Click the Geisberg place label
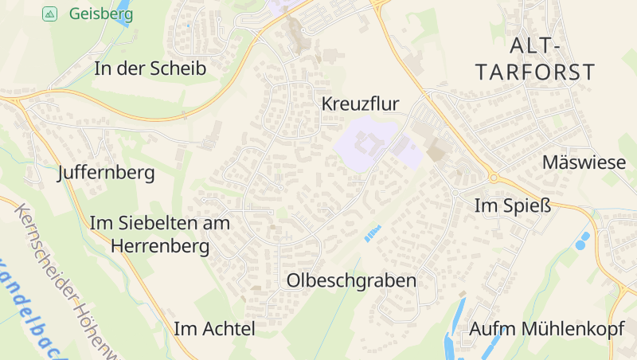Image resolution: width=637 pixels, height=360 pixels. click(101, 14)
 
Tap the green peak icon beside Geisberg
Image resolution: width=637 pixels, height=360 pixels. click(49, 14)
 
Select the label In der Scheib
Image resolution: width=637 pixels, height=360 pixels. click(150, 68)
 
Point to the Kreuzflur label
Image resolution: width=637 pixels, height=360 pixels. click(360, 104)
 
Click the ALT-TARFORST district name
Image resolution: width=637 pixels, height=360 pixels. click(535, 59)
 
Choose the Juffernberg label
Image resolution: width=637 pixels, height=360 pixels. click(107, 172)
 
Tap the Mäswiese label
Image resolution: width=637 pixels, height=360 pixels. click(584, 162)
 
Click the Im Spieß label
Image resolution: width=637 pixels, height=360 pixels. click(512, 205)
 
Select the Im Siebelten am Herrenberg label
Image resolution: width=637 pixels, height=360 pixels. click(161, 234)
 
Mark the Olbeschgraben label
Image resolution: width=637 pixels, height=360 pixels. click(351, 280)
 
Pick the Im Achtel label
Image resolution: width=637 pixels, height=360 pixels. click(214, 328)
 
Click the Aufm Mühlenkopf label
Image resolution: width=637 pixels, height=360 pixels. click(546, 328)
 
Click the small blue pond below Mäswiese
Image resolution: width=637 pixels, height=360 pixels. click(583, 239)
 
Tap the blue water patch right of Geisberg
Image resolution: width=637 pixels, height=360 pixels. click(122, 15)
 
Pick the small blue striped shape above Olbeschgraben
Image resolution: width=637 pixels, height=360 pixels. click(372, 233)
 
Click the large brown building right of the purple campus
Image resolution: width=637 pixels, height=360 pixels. click(437, 150)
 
